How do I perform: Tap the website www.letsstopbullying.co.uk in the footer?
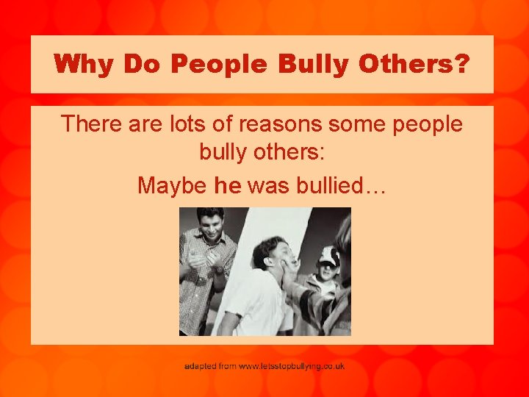point(292,365)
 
